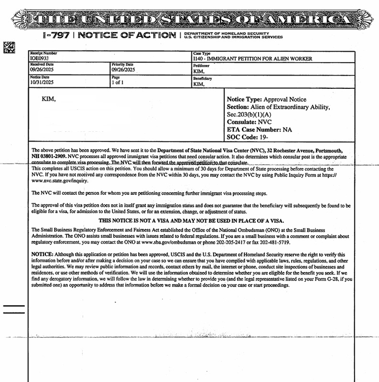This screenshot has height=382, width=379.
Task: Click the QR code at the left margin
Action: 10,47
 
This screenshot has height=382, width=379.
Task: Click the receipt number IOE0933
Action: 39,59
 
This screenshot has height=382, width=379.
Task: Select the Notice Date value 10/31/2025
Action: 42,82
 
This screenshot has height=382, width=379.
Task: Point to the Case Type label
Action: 202,53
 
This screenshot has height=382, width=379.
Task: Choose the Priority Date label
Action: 122,64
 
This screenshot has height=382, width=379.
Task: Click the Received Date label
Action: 42,64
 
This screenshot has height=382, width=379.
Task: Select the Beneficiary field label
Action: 203,78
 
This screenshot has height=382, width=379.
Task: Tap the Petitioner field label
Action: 201,66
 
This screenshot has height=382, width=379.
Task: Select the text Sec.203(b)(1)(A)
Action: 249,115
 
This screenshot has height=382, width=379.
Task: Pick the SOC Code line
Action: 249,137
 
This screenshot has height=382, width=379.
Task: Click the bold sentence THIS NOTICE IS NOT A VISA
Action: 191,221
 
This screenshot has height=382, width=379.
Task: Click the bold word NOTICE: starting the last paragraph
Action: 42,255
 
